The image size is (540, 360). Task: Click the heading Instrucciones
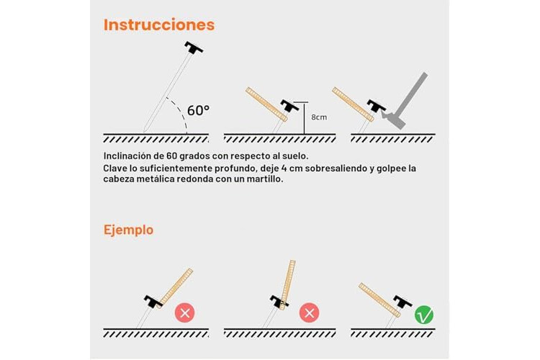[x=159, y=25]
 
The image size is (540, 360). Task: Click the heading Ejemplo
[x=128, y=230]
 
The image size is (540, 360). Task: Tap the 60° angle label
[x=198, y=111]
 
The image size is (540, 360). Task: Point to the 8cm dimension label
[x=319, y=117]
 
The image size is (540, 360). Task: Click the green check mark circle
[x=424, y=315]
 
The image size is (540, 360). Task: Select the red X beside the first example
[x=185, y=312]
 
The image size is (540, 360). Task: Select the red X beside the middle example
[x=310, y=312]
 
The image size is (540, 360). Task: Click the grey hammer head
[x=395, y=119]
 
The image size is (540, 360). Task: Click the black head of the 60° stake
[x=194, y=48]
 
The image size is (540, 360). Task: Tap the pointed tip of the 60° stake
[x=145, y=132]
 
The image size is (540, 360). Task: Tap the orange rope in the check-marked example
[x=379, y=300]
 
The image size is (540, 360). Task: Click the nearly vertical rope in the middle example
[x=287, y=285]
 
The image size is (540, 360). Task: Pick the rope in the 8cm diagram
[x=266, y=104]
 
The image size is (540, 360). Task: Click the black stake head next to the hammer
[x=377, y=106]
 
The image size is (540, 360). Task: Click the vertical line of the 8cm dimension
[x=304, y=118]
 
